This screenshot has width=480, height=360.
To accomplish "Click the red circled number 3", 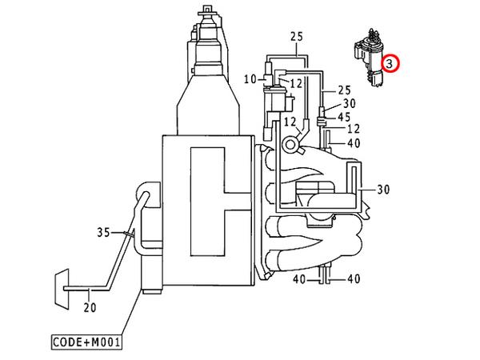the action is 390,64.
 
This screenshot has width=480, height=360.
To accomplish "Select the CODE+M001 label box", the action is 86,342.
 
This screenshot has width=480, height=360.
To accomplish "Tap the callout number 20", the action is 90,307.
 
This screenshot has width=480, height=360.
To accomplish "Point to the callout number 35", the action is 103,232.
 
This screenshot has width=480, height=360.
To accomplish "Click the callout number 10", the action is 250,79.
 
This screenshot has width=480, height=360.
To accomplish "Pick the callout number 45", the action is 344,117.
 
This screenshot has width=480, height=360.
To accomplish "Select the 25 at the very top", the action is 297,37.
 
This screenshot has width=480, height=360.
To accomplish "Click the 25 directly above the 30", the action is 344,90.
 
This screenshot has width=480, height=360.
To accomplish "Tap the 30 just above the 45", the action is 350,103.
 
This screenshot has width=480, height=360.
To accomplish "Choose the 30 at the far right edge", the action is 383,190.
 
